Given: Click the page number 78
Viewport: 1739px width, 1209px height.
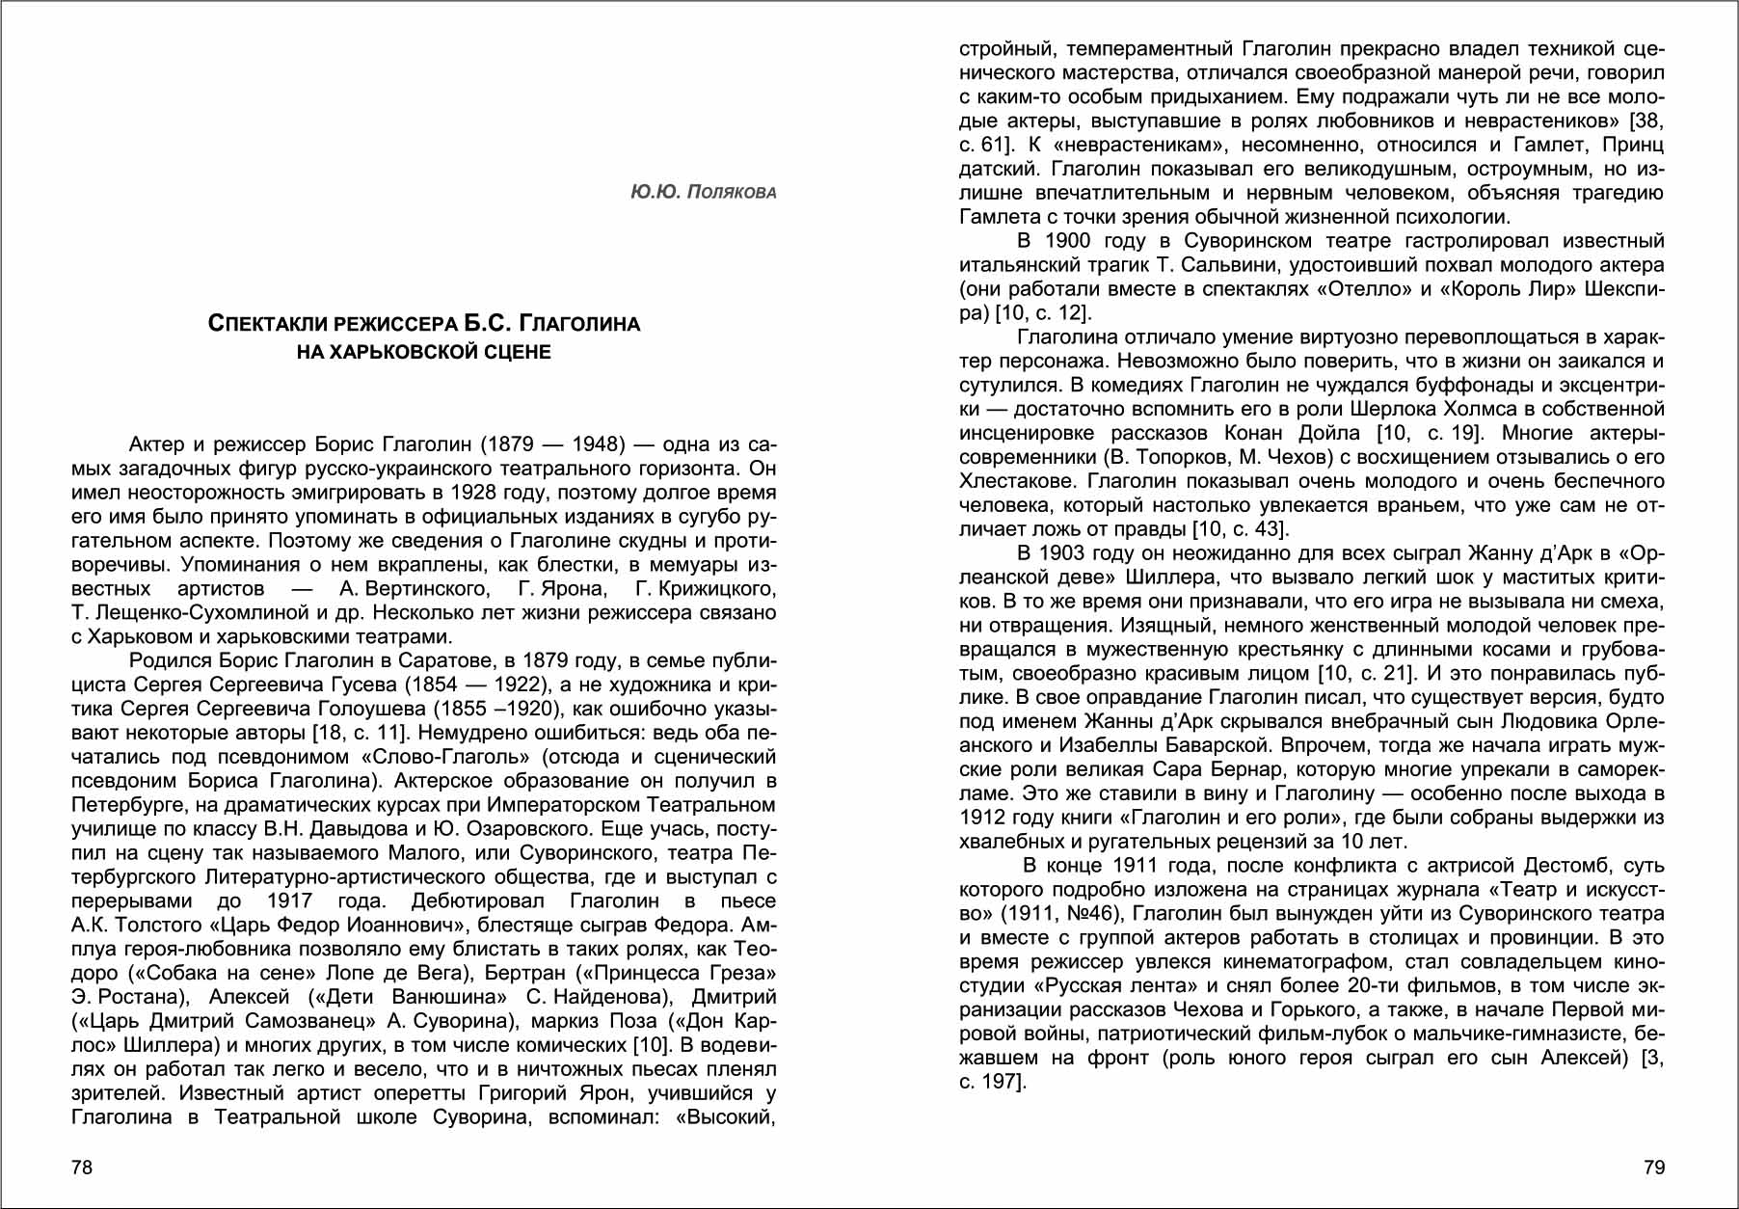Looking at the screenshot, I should pos(82,1168).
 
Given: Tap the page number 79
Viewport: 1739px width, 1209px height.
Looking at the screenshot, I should pos(1654,1168).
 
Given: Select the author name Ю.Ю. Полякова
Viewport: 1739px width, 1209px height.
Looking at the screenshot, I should pos(703,192).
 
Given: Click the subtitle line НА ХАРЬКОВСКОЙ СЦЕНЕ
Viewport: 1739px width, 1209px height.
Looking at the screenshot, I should pos(424,352).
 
